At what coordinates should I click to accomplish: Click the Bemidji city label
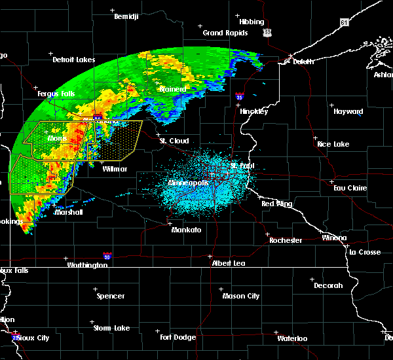(x=128, y=16)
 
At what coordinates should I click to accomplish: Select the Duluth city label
(x=299, y=61)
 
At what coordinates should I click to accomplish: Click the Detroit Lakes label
(x=73, y=60)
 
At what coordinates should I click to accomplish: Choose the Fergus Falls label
(x=56, y=94)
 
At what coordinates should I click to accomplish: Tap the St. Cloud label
(x=175, y=141)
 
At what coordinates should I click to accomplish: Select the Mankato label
(x=186, y=230)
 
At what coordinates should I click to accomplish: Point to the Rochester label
(x=286, y=240)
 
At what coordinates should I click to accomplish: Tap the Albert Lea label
(x=228, y=263)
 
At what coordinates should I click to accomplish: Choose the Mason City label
(x=242, y=296)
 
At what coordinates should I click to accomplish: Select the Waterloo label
(x=291, y=338)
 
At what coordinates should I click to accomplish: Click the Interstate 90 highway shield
(x=107, y=257)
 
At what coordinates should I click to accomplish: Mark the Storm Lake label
(x=111, y=328)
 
